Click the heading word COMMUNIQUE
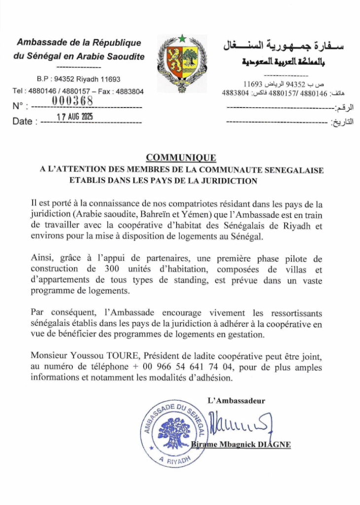click(181, 158)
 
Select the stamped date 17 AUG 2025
click(75, 117)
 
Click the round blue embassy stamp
click(174, 431)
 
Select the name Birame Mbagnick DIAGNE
click(241, 444)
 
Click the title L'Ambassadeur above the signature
click(237, 400)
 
